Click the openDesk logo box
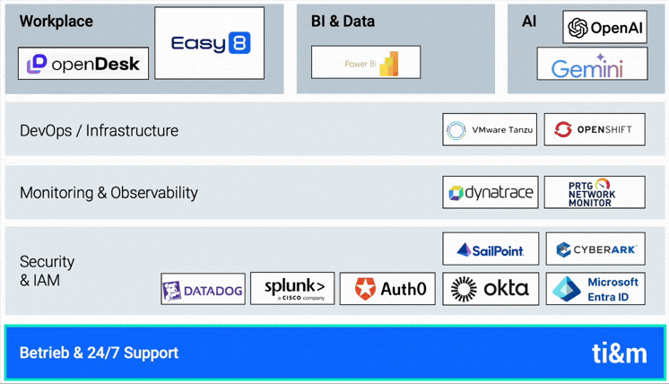click(x=83, y=64)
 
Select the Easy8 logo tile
click(x=209, y=43)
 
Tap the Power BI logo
click(x=366, y=63)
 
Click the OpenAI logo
click(x=604, y=28)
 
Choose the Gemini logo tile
click(x=592, y=65)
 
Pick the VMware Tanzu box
click(x=490, y=130)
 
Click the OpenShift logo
click(x=594, y=130)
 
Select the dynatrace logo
click(x=490, y=192)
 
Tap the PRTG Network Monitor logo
click(x=594, y=192)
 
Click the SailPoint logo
click(x=490, y=249)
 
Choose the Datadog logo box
click(x=203, y=290)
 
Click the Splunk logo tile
click(x=292, y=288)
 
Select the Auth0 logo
click(x=387, y=288)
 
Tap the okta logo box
click(x=490, y=288)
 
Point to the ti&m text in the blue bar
click(x=619, y=353)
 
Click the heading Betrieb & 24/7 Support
click(x=99, y=353)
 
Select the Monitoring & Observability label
click(x=109, y=192)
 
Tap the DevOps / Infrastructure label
click(x=99, y=130)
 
